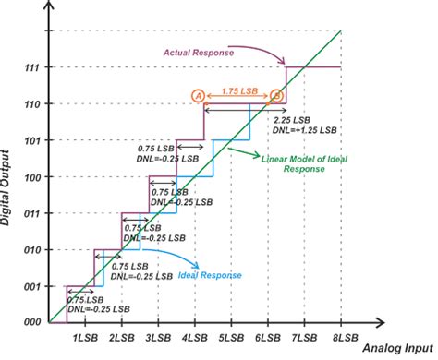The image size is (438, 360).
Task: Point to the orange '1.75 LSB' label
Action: [237, 91]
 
